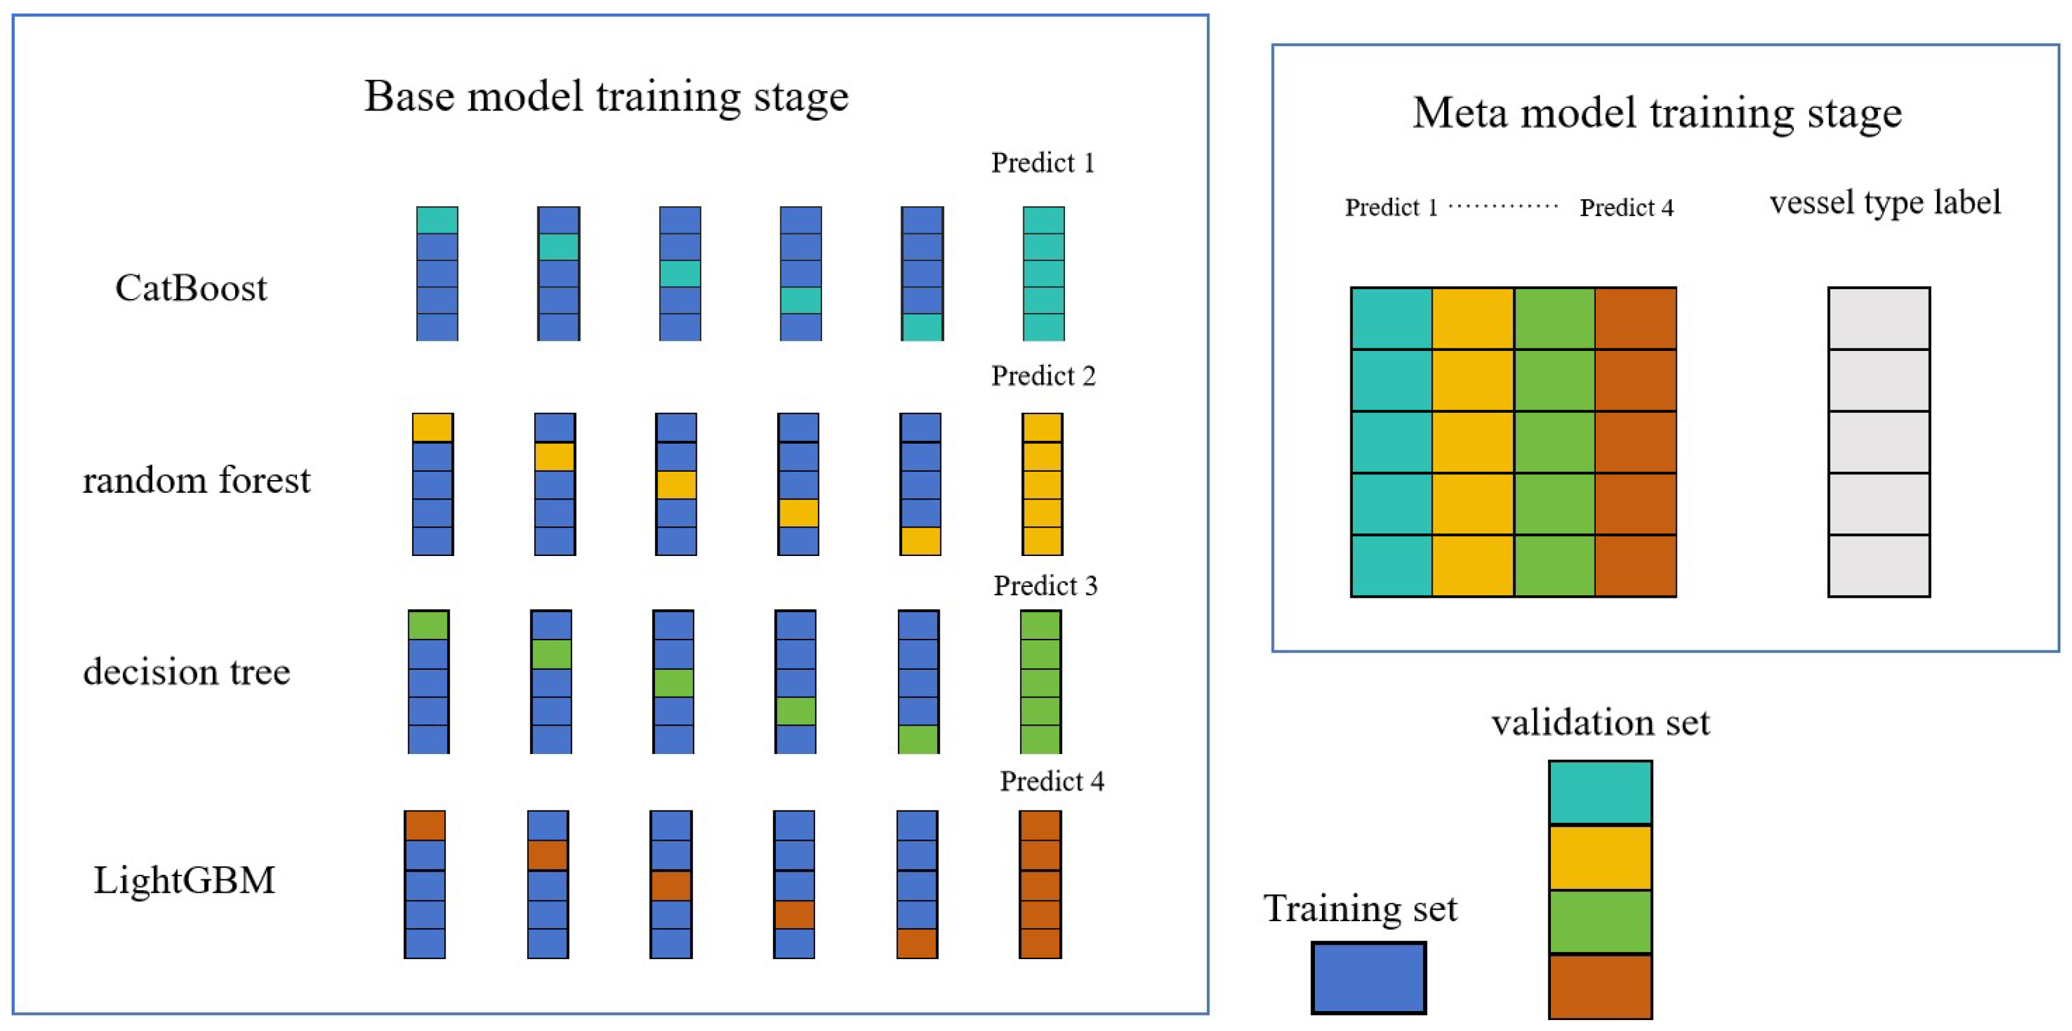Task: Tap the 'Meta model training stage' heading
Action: tap(1656, 112)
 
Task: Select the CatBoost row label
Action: tap(191, 288)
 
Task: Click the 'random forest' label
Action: tap(196, 480)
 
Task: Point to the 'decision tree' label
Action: tap(186, 672)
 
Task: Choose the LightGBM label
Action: tap(184, 880)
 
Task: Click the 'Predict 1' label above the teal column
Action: tap(1042, 163)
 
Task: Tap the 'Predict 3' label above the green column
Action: tap(1045, 586)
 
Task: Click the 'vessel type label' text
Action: tap(1884, 202)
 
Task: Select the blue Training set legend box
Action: tap(1368, 977)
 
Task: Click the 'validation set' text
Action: tap(1600, 722)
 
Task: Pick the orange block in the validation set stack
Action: tap(1600, 986)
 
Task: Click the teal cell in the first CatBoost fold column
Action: tap(437, 220)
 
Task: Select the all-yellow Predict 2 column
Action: tap(1042, 484)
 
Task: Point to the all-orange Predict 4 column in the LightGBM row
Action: tap(1040, 884)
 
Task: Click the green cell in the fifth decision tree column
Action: tap(918, 739)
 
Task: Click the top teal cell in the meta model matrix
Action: tap(1391, 318)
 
